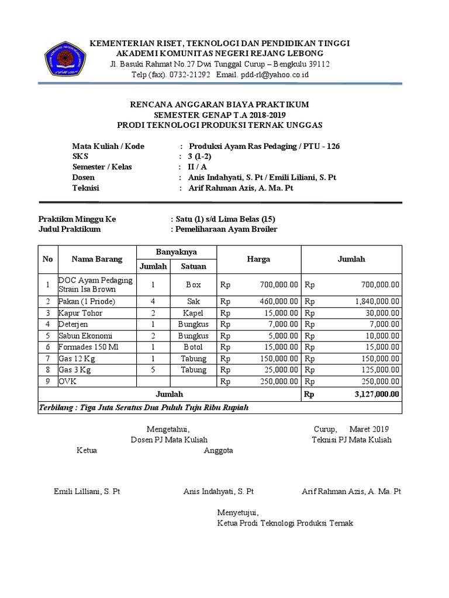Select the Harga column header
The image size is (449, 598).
(258, 259)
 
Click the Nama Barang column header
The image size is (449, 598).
(97, 259)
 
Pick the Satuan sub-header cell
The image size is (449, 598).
(193, 266)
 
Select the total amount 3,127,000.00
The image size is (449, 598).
(377, 394)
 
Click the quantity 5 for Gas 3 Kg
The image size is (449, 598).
(153, 370)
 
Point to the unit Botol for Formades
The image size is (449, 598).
(193, 347)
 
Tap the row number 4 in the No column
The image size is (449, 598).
(48, 324)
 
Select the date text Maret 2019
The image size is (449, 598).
(369, 429)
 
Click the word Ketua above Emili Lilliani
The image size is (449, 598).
(87, 450)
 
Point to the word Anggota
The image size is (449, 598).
(219, 450)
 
